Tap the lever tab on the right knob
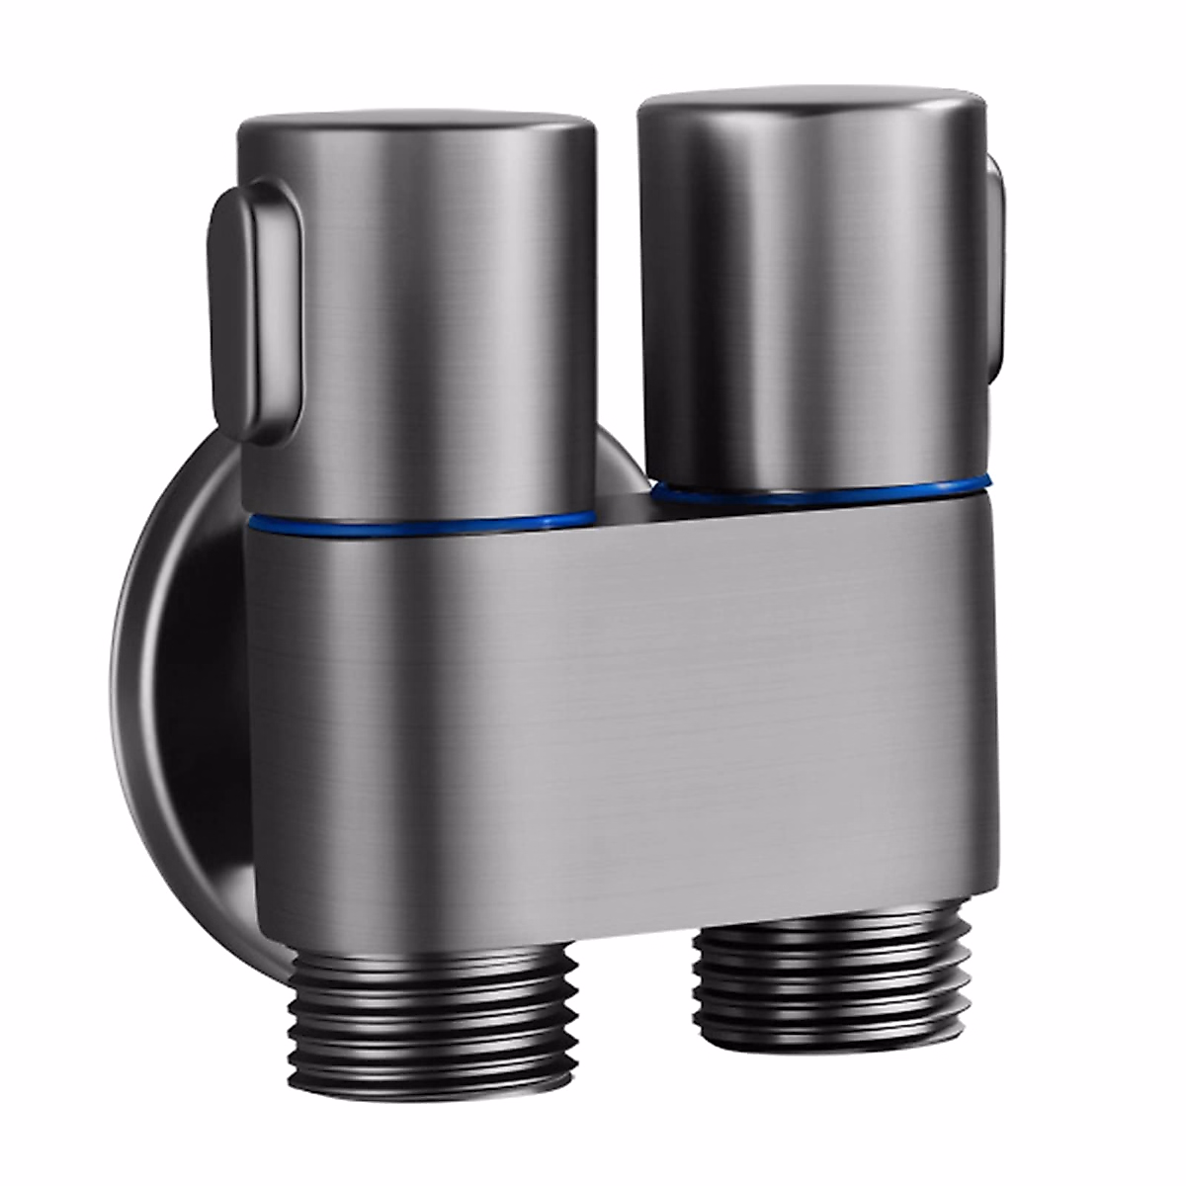point(996,247)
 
